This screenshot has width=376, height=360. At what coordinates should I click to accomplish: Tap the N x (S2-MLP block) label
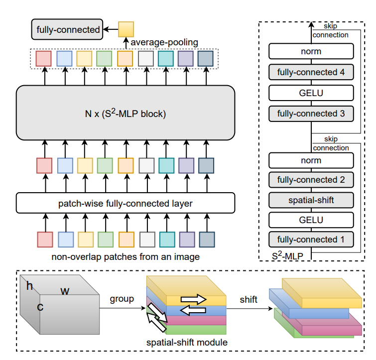[125, 114]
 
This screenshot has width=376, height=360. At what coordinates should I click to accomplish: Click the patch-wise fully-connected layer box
[125, 203]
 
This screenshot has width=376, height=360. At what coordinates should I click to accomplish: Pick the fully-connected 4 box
[311, 72]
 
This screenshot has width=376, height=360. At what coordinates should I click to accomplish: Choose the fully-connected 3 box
[311, 114]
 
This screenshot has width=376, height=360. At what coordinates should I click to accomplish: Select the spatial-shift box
[311, 200]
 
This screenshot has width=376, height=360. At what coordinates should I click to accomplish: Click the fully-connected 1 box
[311, 240]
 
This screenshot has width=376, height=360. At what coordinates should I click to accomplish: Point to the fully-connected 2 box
[311, 180]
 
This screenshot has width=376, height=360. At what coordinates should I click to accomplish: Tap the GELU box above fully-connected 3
[311, 93]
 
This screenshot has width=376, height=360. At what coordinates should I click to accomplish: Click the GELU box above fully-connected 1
[311, 220]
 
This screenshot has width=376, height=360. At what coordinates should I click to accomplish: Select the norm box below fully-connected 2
[311, 160]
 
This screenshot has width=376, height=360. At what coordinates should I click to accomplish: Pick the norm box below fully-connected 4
[311, 51]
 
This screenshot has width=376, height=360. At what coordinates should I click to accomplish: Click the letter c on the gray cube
[40, 307]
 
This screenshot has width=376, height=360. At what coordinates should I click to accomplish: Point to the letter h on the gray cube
[30, 286]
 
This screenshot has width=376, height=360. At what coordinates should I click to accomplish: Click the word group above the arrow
[122, 299]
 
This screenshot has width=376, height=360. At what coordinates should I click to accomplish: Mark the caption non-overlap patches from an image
[125, 257]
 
